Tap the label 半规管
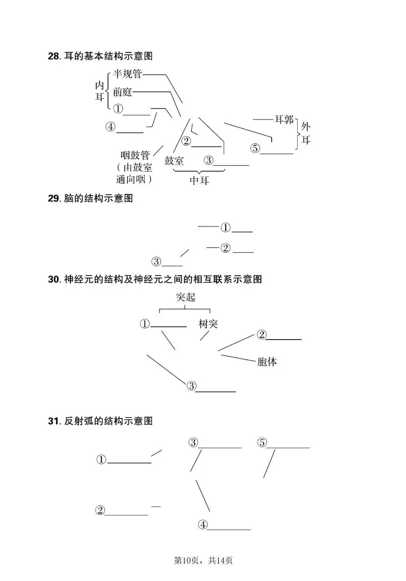pos(127,74)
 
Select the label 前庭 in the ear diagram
pos(122,92)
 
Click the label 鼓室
pos(174,161)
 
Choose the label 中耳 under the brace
pos(199,180)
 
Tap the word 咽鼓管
pos(135,156)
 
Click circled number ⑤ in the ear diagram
pos(255,148)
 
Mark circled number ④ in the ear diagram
pos(111,127)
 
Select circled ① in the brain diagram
pos(225,227)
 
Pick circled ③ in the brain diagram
pos(157,262)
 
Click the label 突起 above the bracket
pos(185,297)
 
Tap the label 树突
pos(208,324)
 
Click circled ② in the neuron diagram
pos(261,335)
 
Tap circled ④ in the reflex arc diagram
pos(202,525)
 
